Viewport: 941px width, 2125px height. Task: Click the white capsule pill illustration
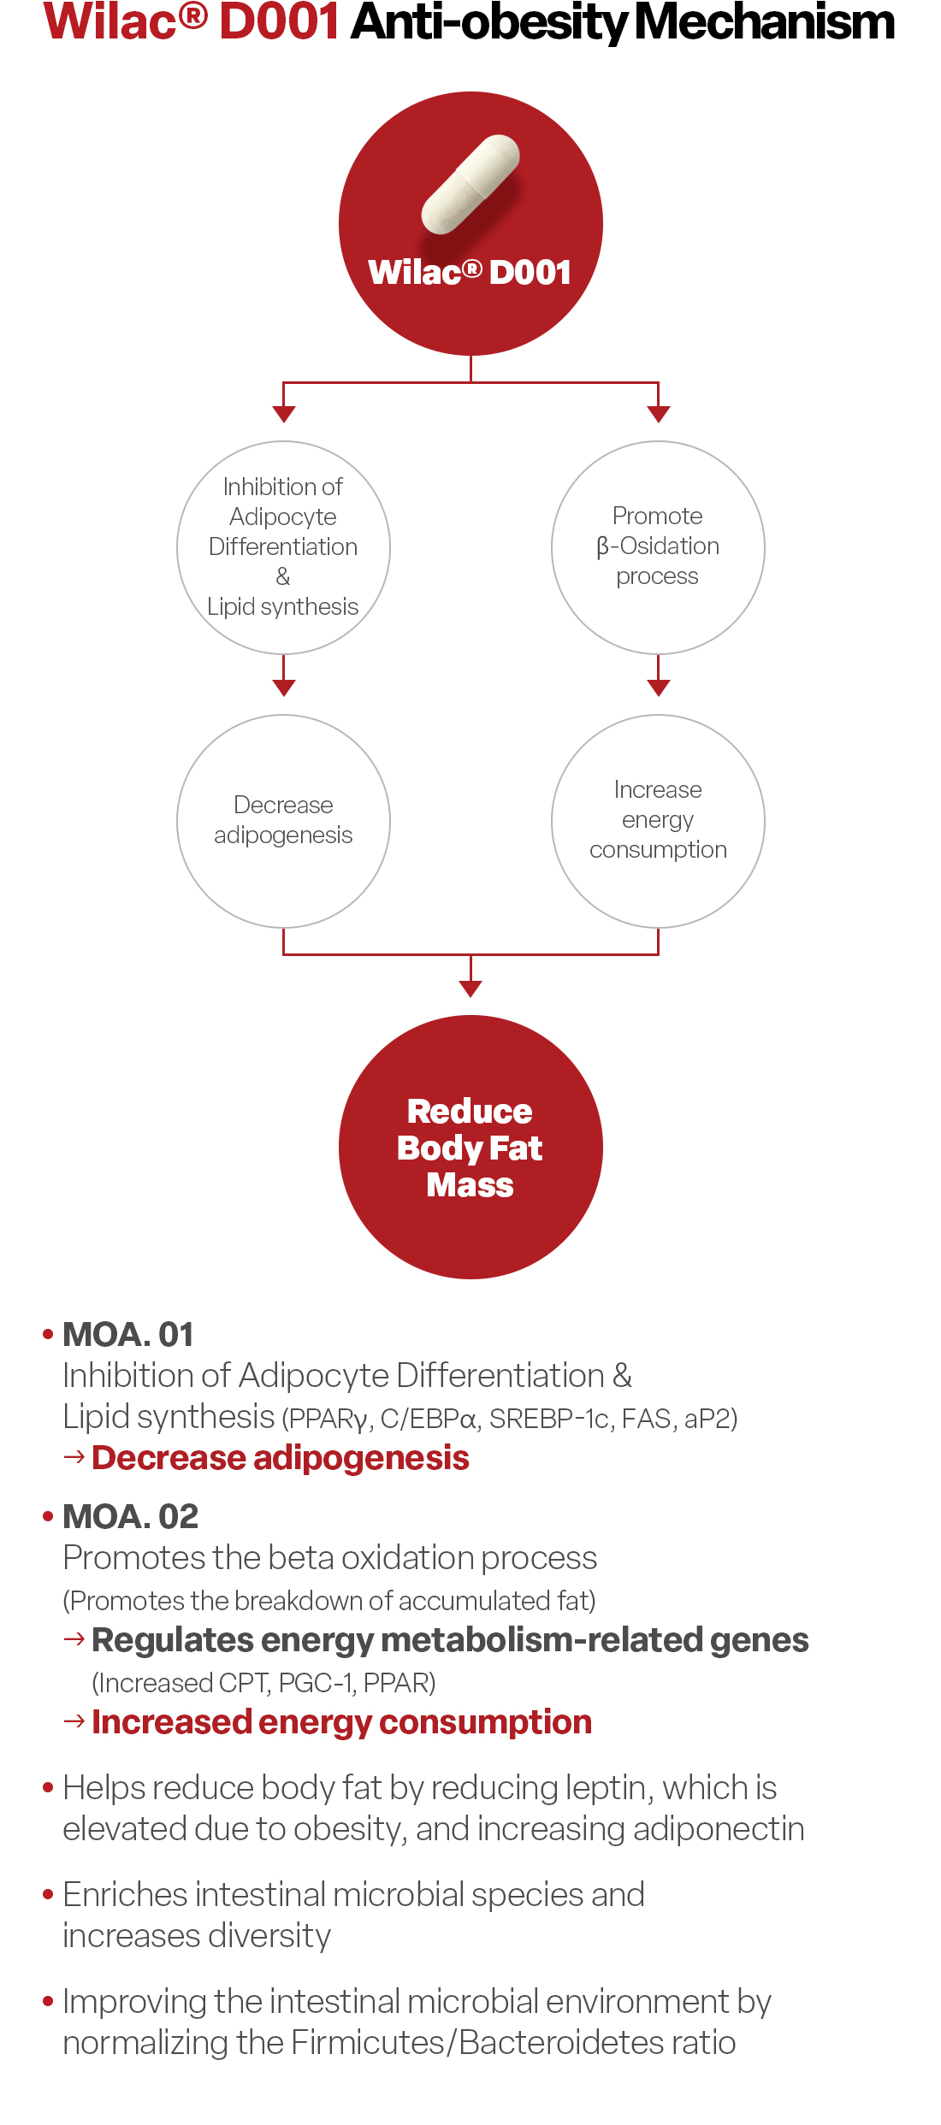click(470, 184)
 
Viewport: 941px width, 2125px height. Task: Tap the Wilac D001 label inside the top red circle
click(470, 272)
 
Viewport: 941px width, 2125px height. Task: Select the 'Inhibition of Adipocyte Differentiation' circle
click(283, 547)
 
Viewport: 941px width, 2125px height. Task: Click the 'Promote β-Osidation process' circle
click(658, 547)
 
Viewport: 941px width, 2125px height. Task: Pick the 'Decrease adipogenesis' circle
click(283, 821)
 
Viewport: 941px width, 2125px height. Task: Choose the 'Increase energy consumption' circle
click(658, 821)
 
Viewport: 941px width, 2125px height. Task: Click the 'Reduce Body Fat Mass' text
click(470, 1148)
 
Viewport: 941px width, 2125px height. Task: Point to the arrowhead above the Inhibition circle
click(284, 415)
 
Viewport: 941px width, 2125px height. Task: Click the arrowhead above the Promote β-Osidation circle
click(658, 415)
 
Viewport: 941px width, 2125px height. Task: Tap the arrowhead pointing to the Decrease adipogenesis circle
click(284, 688)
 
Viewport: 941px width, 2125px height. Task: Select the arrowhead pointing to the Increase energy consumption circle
click(658, 688)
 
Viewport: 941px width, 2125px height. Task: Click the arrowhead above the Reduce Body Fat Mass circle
click(470, 989)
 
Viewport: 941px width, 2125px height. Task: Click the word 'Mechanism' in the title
click(765, 22)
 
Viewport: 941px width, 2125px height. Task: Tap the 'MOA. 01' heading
click(128, 1335)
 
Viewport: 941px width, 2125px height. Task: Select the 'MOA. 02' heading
click(130, 1517)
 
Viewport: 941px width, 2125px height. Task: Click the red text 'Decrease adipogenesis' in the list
click(281, 1458)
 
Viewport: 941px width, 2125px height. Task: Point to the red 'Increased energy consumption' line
click(341, 1722)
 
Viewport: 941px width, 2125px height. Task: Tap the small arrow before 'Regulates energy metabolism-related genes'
click(74, 1639)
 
